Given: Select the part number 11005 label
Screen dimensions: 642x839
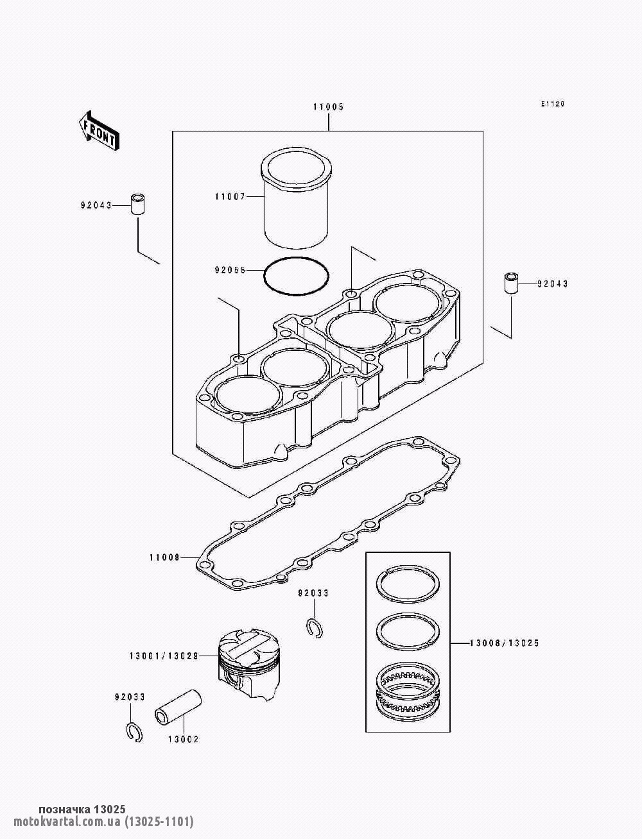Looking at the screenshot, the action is [x=329, y=107].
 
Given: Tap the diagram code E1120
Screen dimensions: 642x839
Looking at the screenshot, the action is [x=553, y=105].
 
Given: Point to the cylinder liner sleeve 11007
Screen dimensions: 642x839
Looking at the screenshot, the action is [x=296, y=202].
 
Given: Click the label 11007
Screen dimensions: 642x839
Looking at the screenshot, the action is [x=230, y=197].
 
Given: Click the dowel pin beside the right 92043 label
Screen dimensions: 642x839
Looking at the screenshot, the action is [x=511, y=283].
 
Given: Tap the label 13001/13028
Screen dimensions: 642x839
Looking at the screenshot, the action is [x=164, y=656].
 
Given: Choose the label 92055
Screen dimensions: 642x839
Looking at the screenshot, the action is [x=230, y=270].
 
